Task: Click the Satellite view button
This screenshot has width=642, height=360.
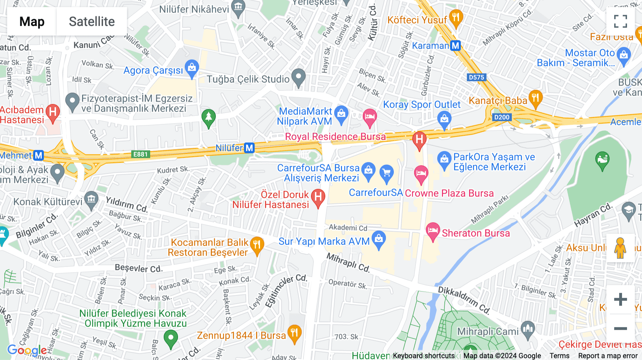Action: coord(92,22)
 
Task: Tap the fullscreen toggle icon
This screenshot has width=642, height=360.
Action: coord(620,21)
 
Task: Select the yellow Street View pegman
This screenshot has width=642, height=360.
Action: coord(620,248)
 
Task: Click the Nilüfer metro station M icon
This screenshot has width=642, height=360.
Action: coord(249,148)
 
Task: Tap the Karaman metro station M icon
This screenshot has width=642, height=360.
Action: coord(455,46)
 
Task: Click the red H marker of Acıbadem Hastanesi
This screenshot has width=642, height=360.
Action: coord(53,113)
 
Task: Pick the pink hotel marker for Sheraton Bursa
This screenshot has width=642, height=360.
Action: coord(433,231)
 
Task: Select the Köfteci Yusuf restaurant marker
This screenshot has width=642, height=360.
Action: coord(456,18)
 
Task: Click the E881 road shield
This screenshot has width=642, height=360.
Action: coord(140,154)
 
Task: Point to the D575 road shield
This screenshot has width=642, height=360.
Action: coord(476,77)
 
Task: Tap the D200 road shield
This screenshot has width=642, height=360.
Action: coord(501,117)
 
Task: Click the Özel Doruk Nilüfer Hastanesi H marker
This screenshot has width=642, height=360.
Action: coord(318,197)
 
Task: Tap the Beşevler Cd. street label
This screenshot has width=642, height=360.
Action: coord(138,268)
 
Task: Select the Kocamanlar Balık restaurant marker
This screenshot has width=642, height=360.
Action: coord(257,245)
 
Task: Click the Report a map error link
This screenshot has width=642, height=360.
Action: coord(608,356)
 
